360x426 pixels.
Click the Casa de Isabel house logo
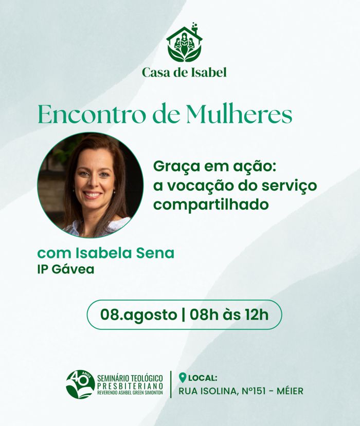coord(184,42)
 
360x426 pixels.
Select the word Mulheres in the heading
coord(239,115)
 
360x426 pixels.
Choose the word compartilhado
coord(211,205)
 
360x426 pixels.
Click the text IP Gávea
coord(66,269)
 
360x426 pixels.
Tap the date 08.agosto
coord(139,315)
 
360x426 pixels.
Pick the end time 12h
coord(257,314)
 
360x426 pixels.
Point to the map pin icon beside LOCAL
coord(183,378)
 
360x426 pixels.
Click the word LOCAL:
coord(203,378)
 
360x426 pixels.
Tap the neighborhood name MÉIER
coord(290,392)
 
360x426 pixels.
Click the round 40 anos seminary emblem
coord(80,384)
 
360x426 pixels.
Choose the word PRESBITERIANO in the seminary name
coord(130,386)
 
